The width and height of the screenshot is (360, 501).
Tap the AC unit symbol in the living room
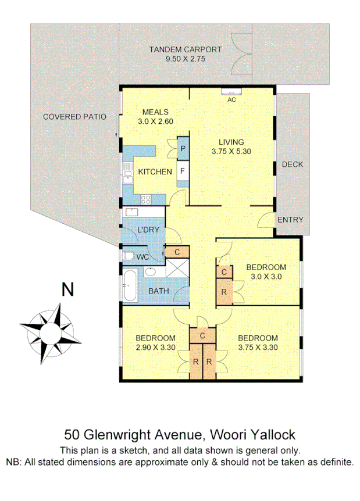click(231, 91)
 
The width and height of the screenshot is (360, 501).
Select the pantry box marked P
click(183, 149)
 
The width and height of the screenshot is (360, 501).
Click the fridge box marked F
click(183, 171)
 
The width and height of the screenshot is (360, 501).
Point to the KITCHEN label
click(155, 171)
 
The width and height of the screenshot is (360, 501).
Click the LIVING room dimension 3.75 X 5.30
click(231, 152)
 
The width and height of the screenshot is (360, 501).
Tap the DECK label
click(293, 164)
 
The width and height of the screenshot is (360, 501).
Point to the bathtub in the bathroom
click(129, 285)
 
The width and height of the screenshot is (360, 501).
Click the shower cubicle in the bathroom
click(176, 270)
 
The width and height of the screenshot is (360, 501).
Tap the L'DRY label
click(149, 230)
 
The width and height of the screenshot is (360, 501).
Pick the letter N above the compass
click(68, 289)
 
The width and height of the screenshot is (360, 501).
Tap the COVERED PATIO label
click(74, 116)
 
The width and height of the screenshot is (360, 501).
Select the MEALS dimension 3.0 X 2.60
click(156, 122)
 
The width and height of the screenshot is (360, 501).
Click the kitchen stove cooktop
click(146, 199)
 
